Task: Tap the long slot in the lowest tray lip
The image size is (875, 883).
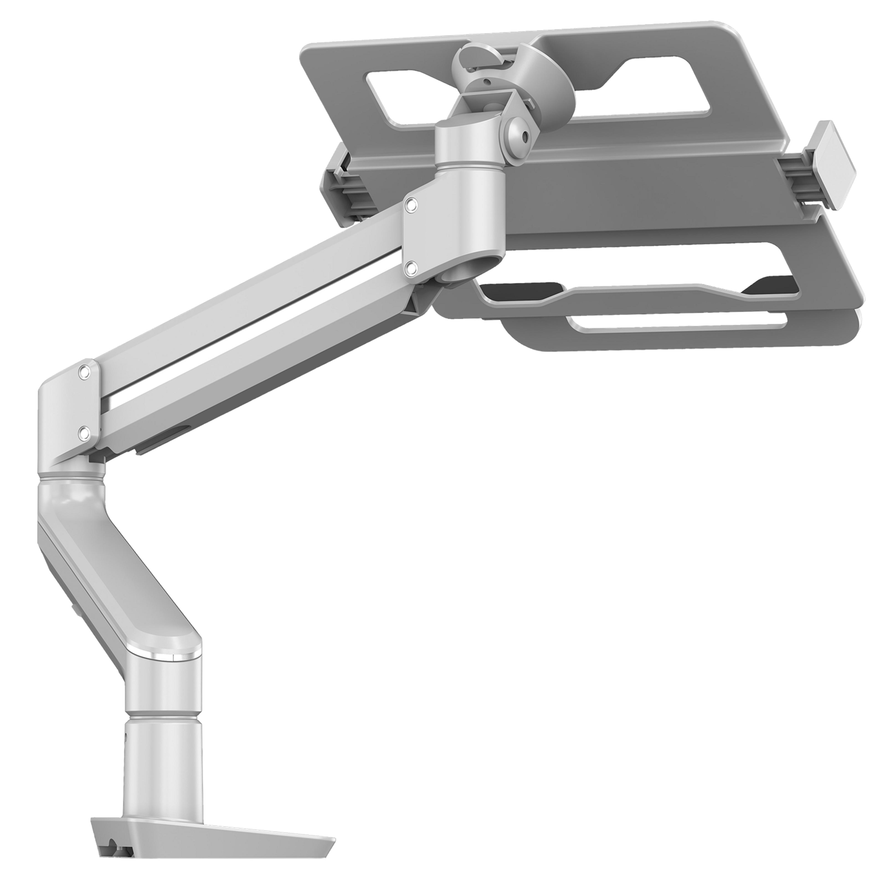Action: (x=676, y=322)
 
